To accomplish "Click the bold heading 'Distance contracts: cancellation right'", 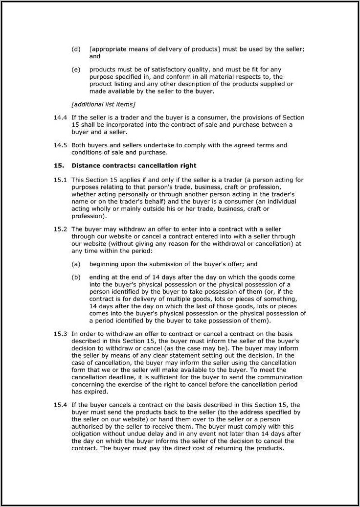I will [134, 166].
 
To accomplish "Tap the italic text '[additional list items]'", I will [103, 104].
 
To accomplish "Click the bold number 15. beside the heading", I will [58, 166].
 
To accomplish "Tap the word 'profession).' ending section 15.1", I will [89, 216].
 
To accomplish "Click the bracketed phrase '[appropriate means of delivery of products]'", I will [155, 49].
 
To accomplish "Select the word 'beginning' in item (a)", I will [104, 264].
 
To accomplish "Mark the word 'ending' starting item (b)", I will [99, 277].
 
